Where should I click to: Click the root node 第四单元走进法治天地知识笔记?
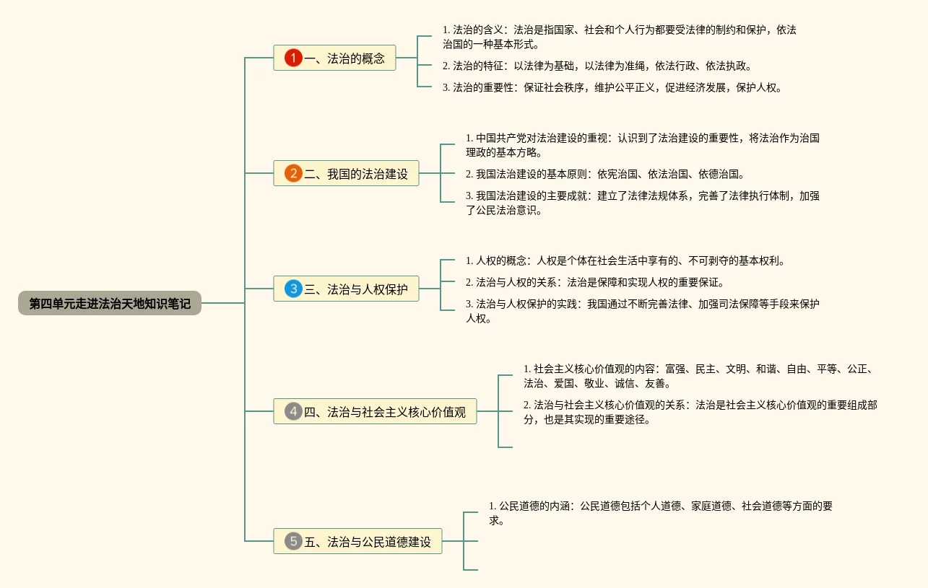110,304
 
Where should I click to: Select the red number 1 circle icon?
293,58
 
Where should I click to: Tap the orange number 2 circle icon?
293,173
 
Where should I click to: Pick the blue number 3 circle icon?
293,289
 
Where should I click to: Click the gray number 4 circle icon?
293,412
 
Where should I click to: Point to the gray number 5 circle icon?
293,541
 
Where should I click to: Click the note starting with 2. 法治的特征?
597,66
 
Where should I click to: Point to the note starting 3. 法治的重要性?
612,88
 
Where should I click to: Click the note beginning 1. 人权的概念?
625,260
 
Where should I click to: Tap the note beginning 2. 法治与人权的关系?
594,282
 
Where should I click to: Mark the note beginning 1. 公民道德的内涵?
660,513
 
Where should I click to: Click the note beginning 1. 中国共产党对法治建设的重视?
642,145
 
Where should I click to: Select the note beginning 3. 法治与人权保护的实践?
642,311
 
